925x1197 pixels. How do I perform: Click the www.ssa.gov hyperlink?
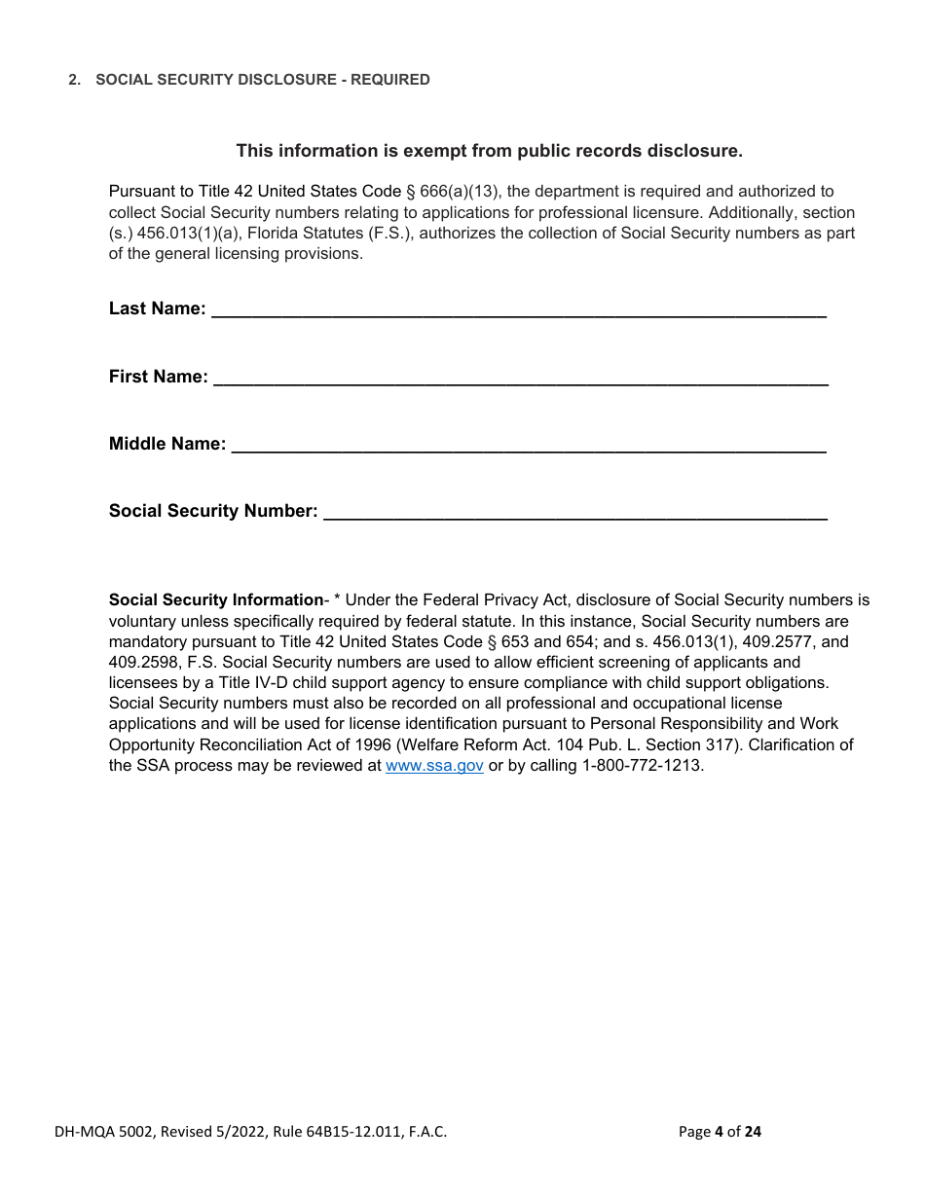[434, 766]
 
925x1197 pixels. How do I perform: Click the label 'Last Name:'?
[157, 309]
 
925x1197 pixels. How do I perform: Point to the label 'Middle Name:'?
[166, 445]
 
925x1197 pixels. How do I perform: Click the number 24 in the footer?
[753, 1132]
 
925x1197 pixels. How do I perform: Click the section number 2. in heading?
[74, 80]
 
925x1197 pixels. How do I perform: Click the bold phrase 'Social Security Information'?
[215, 600]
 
